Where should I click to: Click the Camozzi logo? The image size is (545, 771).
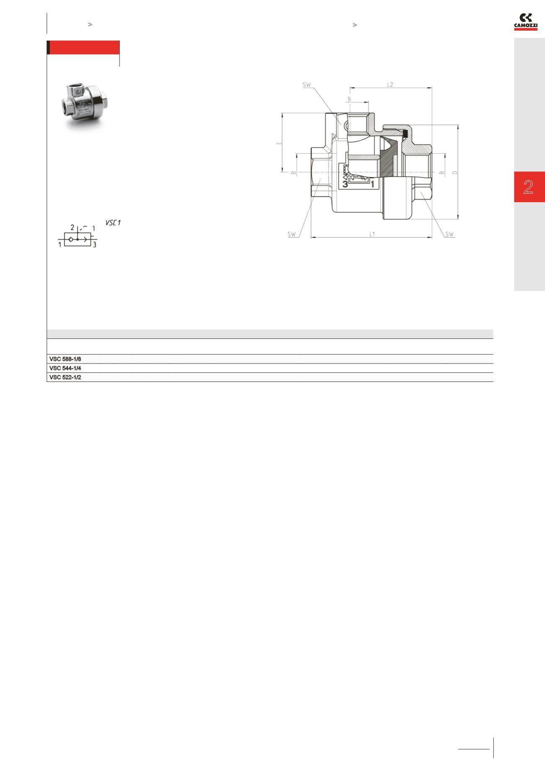[x=526, y=22]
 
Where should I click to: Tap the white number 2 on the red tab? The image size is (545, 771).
[x=528, y=187]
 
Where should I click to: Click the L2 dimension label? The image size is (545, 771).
[x=390, y=84]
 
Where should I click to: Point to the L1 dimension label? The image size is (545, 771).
[x=372, y=234]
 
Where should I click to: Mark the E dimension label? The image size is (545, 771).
[x=279, y=143]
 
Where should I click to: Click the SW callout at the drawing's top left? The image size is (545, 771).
[x=307, y=85]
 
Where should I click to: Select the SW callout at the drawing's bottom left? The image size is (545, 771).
[x=292, y=234]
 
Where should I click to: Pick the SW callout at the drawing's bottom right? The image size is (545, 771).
[x=449, y=234]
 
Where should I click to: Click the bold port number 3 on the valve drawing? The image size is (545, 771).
[x=345, y=184]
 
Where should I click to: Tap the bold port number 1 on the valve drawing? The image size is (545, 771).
[x=372, y=184]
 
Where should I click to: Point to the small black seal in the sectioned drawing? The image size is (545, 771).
[x=405, y=134]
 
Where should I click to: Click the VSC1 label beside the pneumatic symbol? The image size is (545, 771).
[x=113, y=223]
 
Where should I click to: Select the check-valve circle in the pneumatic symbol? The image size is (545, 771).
[x=71, y=239]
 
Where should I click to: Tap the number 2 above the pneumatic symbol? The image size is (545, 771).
[x=73, y=228]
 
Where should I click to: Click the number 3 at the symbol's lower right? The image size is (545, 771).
[x=95, y=245]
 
